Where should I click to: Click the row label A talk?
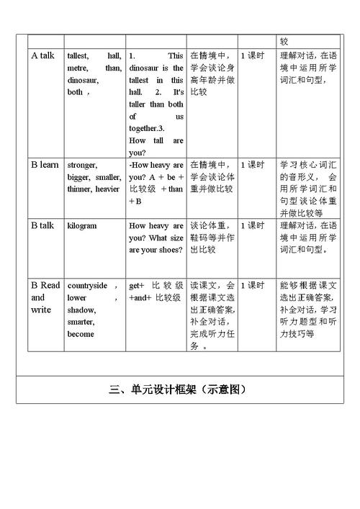(x=43, y=55)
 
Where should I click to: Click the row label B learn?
(x=45, y=165)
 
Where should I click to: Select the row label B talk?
(x=42, y=225)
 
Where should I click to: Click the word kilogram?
(x=82, y=225)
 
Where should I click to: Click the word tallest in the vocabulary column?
(x=78, y=55)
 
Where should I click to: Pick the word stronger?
(x=81, y=165)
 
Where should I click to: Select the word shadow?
(x=80, y=310)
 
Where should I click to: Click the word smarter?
(x=81, y=323)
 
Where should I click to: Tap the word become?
(x=81, y=335)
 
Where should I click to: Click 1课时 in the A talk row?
(x=252, y=55)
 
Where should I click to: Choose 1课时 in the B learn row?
(x=252, y=165)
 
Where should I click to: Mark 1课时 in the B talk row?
(x=252, y=225)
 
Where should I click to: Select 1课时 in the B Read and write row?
(x=252, y=285)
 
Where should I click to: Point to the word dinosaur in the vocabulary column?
(x=83, y=80)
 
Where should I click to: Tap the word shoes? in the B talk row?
(x=169, y=250)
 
